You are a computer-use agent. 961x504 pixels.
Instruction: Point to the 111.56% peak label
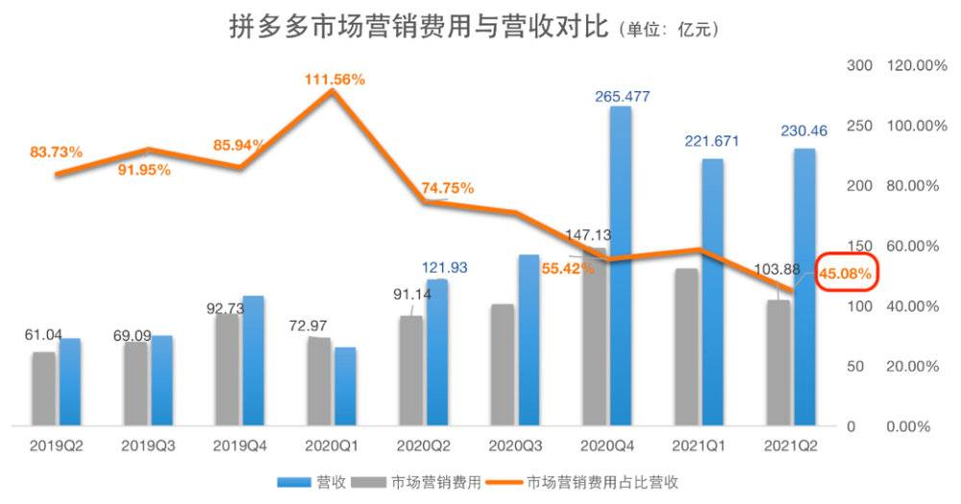tap(334, 80)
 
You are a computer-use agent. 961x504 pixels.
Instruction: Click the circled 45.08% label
tap(846, 274)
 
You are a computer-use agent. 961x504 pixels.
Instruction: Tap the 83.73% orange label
tap(56, 152)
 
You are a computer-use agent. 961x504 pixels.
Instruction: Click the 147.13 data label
tap(585, 233)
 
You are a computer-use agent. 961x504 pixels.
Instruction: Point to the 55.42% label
tap(568, 269)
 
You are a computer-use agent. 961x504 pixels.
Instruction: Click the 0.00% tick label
tap(908, 426)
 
